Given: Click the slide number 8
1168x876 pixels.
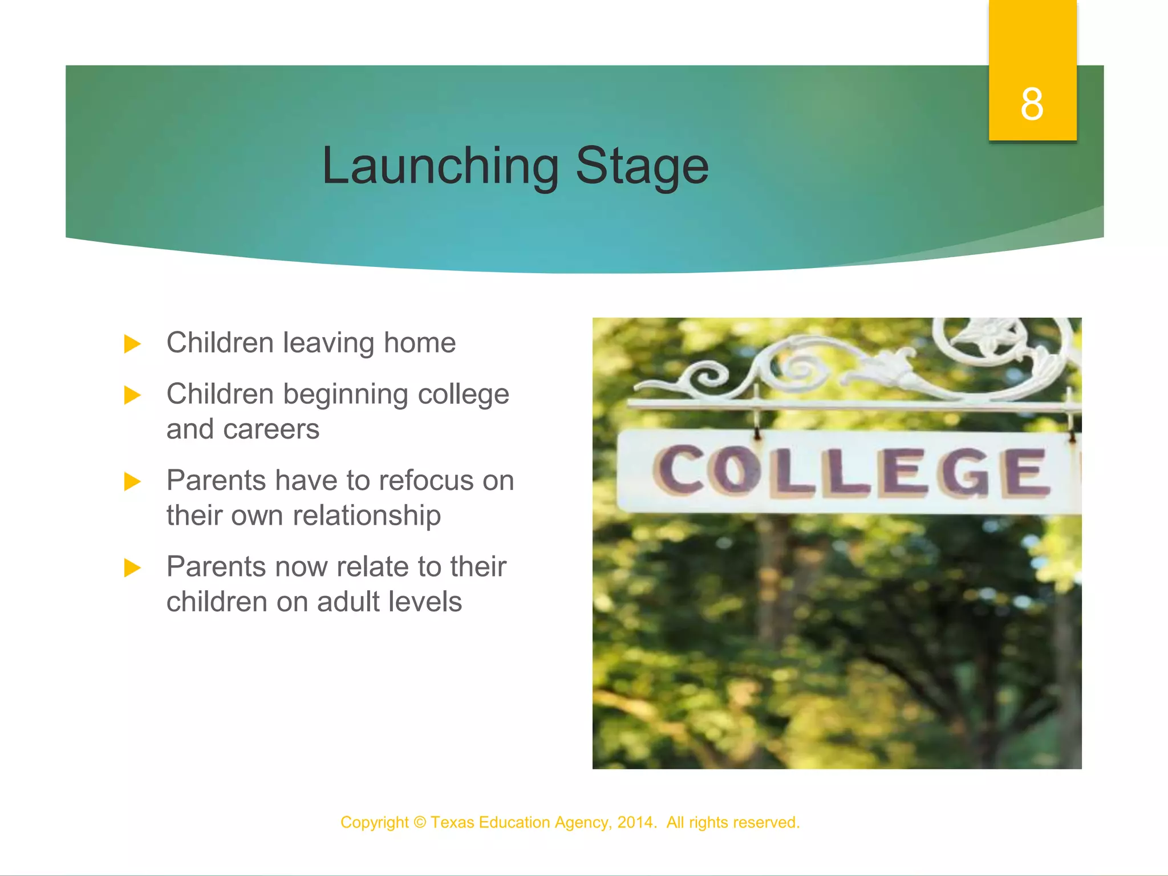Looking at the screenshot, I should [x=1032, y=105].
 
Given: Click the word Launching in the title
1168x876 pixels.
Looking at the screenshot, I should [x=440, y=166].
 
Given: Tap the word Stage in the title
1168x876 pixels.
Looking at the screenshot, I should [x=642, y=166].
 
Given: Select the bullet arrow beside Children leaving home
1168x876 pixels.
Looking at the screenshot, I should [x=132, y=344].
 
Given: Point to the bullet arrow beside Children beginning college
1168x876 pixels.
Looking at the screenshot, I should [x=132, y=395].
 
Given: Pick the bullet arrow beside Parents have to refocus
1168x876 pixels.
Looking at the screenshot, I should [x=132, y=481].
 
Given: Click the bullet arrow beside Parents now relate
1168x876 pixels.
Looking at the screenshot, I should [x=132, y=567].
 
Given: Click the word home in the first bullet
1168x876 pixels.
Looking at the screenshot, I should [x=419, y=343].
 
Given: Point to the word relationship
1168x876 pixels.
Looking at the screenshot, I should [x=367, y=516].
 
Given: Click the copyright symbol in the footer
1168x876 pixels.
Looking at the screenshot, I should [x=420, y=822].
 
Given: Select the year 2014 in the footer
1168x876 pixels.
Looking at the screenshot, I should [x=634, y=822].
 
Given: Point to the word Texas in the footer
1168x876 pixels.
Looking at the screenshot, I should [x=452, y=822].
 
